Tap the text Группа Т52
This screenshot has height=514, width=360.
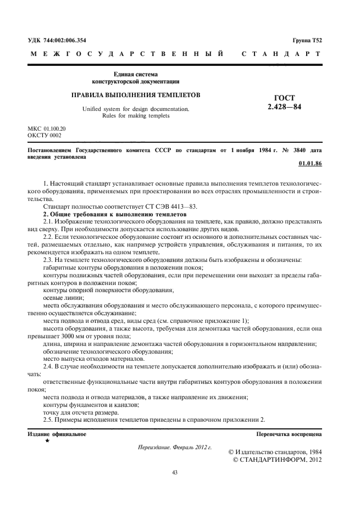coord(307,41)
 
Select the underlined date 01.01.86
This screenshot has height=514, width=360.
coord(310,164)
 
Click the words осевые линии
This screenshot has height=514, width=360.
coord(60,298)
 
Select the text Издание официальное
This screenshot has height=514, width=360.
coord(57,434)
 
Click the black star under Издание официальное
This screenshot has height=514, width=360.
coord(47,441)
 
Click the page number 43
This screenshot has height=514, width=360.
coord(175,472)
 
